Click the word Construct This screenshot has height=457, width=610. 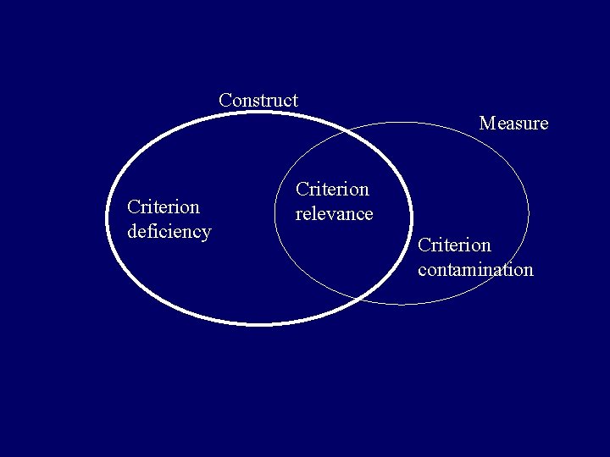click(x=258, y=100)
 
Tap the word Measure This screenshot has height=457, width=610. click(x=513, y=124)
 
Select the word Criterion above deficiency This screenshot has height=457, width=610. click(x=164, y=206)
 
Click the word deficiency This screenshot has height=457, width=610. click(x=169, y=231)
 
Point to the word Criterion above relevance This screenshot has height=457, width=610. click(x=332, y=190)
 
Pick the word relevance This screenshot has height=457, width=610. click(x=334, y=214)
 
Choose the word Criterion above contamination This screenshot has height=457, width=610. click(x=454, y=245)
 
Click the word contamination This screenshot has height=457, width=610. click(x=475, y=270)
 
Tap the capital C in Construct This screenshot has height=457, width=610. click(x=225, y=100)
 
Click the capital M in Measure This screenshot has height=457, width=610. click(x=487, y=124)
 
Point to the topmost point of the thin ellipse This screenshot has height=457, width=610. click(x=403, y=123)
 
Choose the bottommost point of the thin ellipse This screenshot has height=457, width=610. click(x=403, y=305)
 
